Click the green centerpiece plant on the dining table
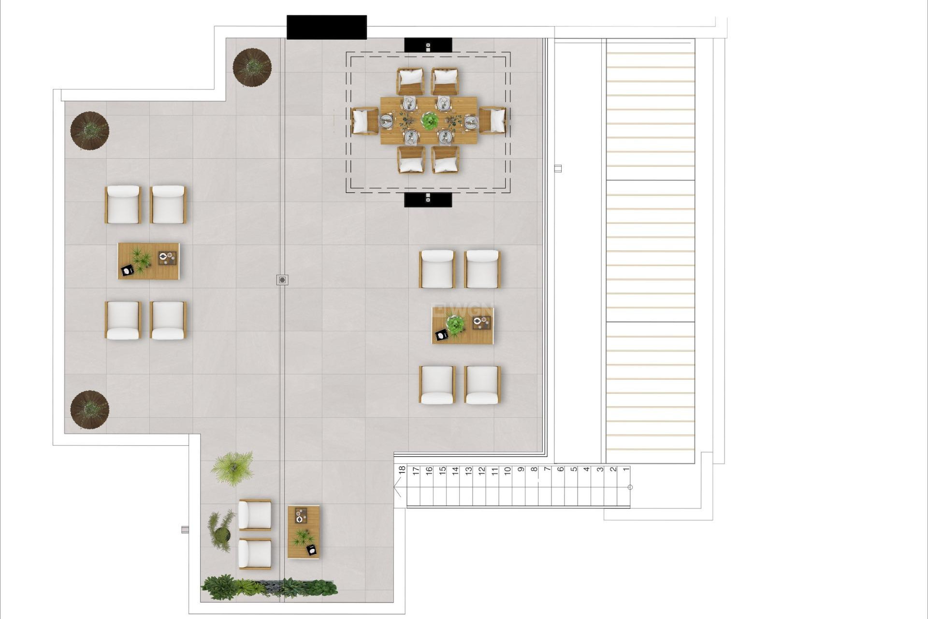[x=429, y=120]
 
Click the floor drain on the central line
[x=283, y=280]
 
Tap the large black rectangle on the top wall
[x=327, y=27]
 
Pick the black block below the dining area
[x=428, y=199]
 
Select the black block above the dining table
[x=428, y=45]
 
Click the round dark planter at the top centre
[x=252, y=67]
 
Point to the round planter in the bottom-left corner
[x=89, y=410]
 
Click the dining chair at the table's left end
[x=364, y=120]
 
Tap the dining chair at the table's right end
[x=493, y=120]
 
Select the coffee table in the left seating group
[x=148, y=261]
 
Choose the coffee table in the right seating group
[x=463, y=326]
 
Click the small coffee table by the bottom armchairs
[x=304, y=532]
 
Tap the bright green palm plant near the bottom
[x=233, y=467]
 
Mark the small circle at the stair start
[x=630, y=487]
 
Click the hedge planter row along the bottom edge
[x=269, y=587]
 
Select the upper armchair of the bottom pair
[x=255, y=515]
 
